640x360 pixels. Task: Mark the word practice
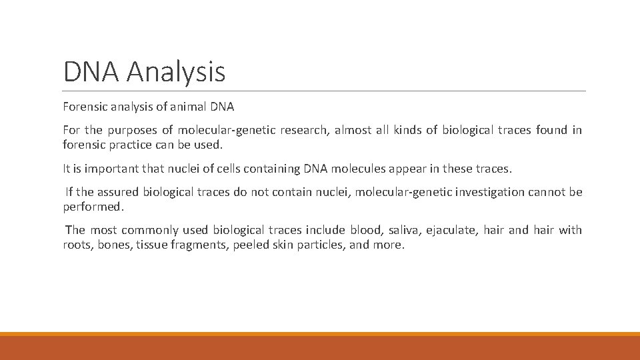[131, 144]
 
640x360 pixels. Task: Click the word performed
[93, 207]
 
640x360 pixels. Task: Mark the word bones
[113, 245]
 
